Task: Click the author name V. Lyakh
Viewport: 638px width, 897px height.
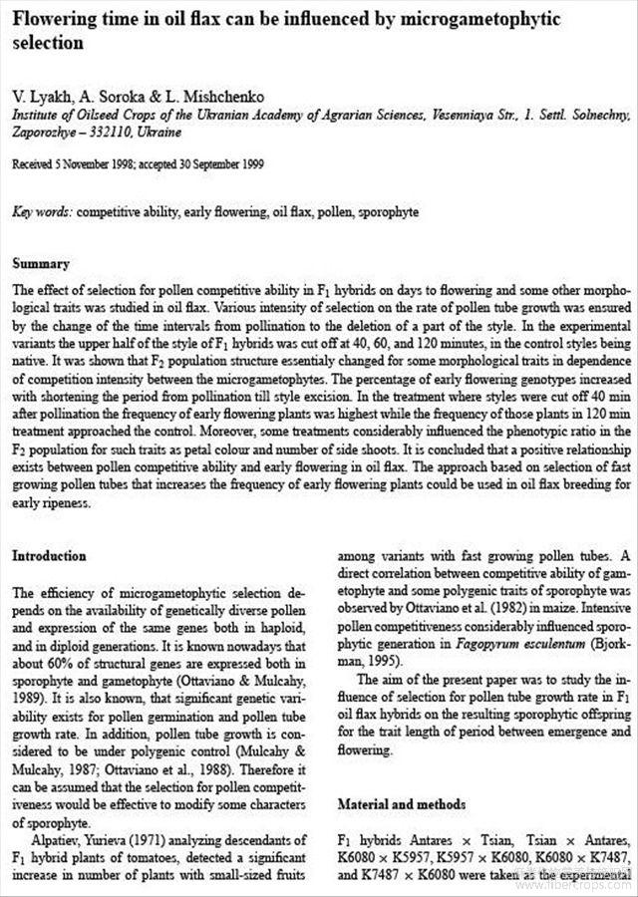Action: pyautogui.click(x=38, y=97)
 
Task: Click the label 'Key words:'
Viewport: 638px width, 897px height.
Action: pyautogui.click(x=42, y=212)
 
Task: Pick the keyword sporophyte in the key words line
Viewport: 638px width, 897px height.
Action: pyautogui.click(x=389, y=212)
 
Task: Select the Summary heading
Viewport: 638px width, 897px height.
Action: pyautogui.click(x=40, y=264)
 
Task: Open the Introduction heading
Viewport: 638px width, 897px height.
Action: pyautogui.click(x=49, y=556)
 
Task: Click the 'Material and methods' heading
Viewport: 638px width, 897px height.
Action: pyautogui.click(x=402, y=803)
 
